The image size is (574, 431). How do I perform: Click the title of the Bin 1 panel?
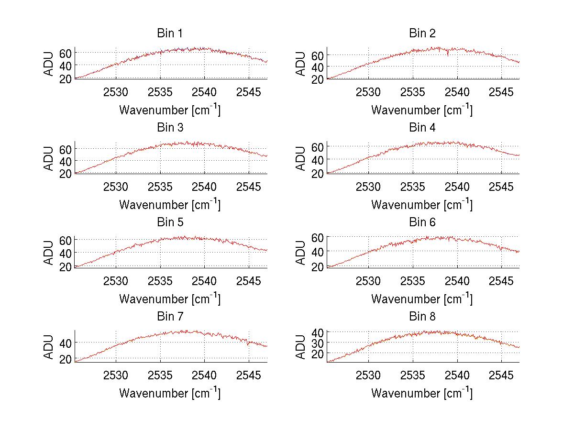click(170, 33)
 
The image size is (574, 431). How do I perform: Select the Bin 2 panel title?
click(422, 33)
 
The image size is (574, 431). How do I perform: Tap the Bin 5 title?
click(170, 222)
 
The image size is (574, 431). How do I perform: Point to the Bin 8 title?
click(422, 317)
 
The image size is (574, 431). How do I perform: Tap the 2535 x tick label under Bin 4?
click(413, 186)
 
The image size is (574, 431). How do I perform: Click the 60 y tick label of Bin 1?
click(66, 52)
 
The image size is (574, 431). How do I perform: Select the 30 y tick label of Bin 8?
click(318, 343)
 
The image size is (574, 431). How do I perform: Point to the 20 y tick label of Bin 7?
click(66, 359)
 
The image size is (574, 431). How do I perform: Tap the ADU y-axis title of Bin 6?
click(301, 253)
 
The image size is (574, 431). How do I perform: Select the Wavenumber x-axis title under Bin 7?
click(170, 393)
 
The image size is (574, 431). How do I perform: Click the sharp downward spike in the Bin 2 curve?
click(448, 55)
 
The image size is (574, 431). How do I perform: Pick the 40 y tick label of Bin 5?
click(66, 252)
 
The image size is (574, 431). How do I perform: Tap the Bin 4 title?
click(422, 128)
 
